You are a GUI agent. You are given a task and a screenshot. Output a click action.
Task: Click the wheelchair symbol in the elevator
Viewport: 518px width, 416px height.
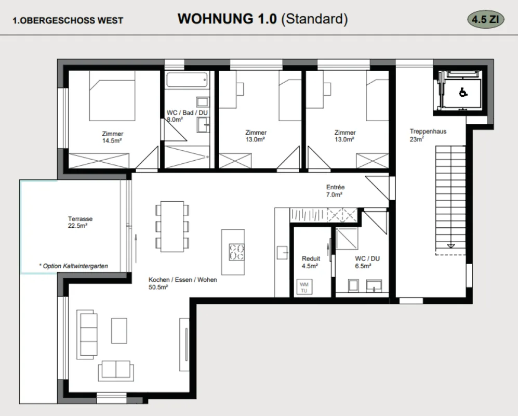[x=463, y=92]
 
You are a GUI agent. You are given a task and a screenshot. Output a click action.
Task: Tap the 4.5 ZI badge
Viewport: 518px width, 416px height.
[x=485, y=20]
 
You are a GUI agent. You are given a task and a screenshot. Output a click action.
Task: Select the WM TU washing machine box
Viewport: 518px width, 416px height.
[x=304, y=287]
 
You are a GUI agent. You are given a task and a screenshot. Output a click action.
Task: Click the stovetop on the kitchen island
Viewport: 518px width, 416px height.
[x=236, y=252]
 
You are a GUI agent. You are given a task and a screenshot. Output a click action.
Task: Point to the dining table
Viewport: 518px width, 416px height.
[x=172, y=227]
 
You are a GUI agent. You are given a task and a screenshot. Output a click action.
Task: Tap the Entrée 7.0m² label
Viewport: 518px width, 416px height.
[x=335, y=191]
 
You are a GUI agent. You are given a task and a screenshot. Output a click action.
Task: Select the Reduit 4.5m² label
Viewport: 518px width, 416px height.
[x=311, y=262]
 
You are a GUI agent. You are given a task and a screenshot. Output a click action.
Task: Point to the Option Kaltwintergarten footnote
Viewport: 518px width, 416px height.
[x=73, y=266]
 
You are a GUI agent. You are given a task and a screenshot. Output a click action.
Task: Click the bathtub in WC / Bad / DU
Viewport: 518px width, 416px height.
[x=187, y=80]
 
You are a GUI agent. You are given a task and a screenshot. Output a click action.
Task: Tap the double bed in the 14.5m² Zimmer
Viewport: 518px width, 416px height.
[x=112, y=96]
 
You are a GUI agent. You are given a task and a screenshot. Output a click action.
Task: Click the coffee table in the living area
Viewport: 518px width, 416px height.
[x=119, y=331]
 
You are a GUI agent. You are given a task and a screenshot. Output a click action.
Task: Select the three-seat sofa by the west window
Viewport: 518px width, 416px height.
[x=87, y=335]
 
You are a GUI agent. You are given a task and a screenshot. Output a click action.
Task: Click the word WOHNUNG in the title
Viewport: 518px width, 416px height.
[x=216, y=19]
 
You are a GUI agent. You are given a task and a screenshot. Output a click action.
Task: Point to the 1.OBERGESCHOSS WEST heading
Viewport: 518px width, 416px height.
[x=68, y=20]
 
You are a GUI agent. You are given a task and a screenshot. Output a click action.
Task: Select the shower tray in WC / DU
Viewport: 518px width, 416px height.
[x=347, y=238]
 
